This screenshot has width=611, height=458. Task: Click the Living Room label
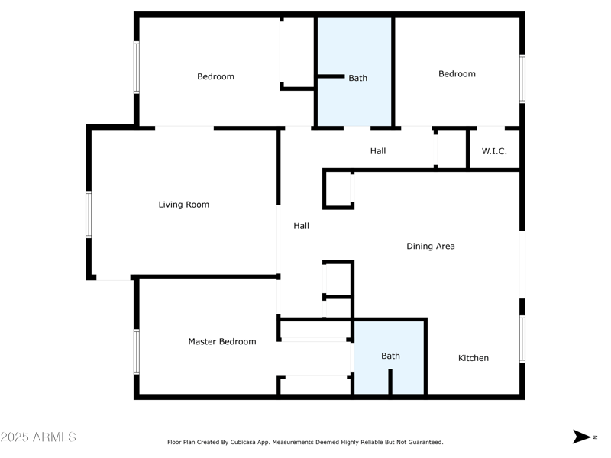183,205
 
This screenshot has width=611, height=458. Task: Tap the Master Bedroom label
222,342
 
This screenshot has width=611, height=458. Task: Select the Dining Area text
431,247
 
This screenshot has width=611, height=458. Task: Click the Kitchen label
474,358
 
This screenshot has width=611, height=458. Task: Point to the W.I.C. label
494,151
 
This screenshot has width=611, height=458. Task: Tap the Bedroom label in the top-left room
215,76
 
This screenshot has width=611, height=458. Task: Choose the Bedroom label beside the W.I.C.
457,74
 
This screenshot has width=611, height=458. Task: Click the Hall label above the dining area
378,151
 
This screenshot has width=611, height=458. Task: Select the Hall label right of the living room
302,226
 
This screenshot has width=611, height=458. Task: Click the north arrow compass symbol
582,437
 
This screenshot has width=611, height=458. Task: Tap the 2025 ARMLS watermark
38,437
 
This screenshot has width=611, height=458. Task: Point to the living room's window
89,214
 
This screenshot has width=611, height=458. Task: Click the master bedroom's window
137,351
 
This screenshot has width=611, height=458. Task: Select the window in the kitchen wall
522,337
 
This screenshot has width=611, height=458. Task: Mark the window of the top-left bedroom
137,67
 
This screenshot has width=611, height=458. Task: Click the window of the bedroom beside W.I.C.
522,78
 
